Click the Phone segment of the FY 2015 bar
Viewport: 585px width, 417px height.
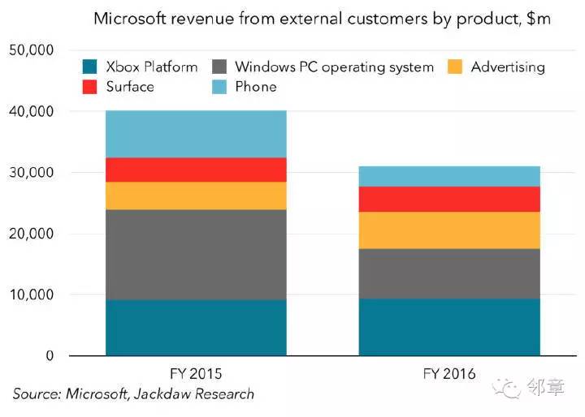coord(196,134)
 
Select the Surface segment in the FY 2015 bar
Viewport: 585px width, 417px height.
coord(196,170)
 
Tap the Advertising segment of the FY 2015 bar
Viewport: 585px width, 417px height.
coord(196,196)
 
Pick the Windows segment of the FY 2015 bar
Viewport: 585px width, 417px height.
coord(196,255)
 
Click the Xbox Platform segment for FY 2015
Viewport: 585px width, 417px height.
coord(196,328)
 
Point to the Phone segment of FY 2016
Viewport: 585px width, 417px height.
coord(449,176)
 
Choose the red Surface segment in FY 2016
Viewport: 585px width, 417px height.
coord(449,199)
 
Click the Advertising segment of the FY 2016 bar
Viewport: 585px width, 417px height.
coord(449,230)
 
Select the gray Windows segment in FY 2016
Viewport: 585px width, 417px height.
coord(449,273)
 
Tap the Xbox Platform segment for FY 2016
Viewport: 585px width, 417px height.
coord(449,327)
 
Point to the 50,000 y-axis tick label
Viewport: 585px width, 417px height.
coord(31,50)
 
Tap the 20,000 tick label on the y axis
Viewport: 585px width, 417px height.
coord(31,234)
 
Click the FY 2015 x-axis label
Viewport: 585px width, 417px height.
coord(196,375)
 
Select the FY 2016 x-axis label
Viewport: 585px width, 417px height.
coord(449,375)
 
